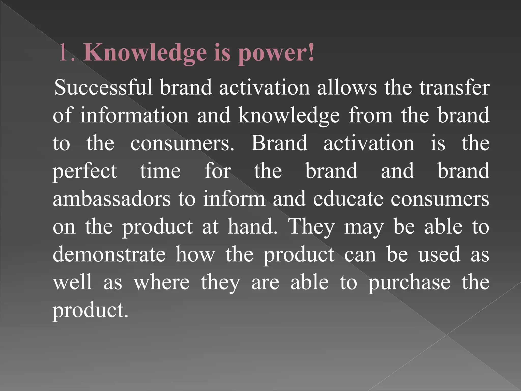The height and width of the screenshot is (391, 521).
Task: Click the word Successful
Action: (x=103, y=87)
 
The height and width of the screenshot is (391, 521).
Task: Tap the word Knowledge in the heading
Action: (x=145, y=52)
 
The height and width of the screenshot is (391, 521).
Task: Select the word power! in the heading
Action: (x=276, y=53)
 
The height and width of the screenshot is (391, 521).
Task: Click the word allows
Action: (x=347, y=87)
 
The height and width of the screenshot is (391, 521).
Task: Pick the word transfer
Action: (x=454, y=87)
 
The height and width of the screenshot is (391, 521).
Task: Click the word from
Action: (x=371, y=115)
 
